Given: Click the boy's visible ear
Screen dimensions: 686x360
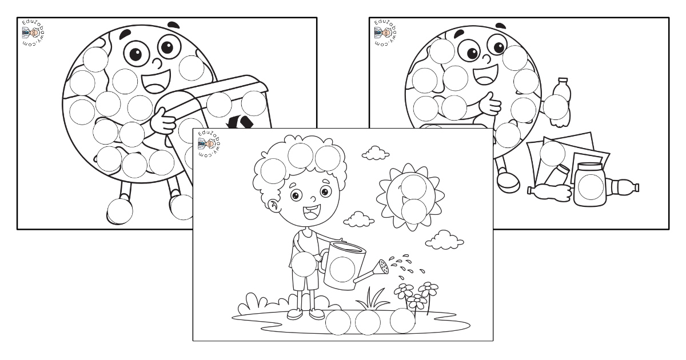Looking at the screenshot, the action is tap(273, 205).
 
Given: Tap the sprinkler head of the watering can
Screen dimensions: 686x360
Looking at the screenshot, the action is tap(383, 267).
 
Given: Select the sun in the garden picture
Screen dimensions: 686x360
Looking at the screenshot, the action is tap(410, 196).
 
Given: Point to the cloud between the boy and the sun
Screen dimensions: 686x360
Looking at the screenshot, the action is tap(358, 219).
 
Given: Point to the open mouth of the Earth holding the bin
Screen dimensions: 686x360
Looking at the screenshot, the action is tap(156, 81).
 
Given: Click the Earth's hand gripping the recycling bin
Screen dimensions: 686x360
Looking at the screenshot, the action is tap(163, 121).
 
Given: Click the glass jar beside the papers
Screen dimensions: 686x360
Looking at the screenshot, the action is tap(590, 184).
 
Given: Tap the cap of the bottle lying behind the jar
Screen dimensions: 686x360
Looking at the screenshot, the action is tap(636, 187).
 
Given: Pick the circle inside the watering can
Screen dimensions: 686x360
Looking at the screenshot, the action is tap(342, 269).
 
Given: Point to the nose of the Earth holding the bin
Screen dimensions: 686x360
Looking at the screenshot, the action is tap(158, 63).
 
